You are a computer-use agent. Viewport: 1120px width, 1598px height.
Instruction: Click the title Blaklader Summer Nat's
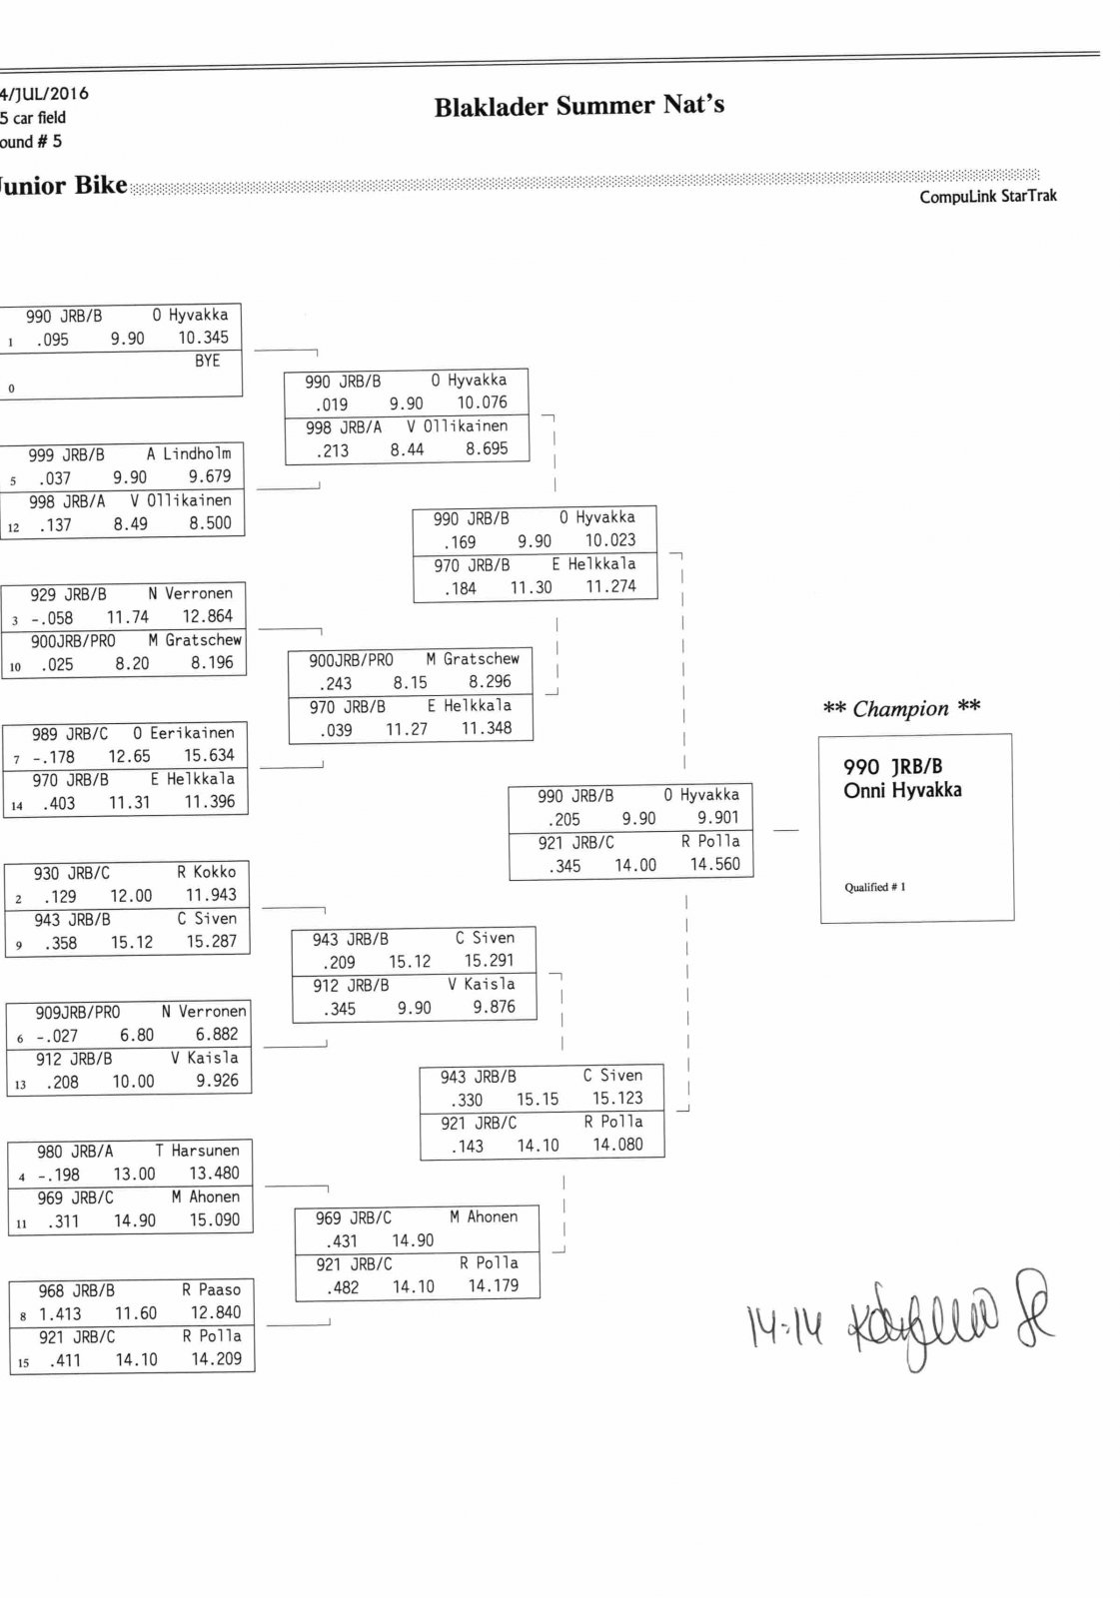(578, 106)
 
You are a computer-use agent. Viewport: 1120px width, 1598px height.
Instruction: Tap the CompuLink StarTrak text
(987, 197)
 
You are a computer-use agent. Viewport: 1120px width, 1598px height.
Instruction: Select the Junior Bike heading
(64, 186)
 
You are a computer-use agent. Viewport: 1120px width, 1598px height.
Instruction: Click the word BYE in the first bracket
(207, 361)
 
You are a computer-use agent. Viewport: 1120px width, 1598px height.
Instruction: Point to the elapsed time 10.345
(203, 338)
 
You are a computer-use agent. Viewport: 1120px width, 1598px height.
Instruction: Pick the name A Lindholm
(189, 453)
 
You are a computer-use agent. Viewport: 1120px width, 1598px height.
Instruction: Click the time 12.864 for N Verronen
(207, 616)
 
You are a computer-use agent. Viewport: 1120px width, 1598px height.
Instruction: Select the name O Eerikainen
(184, 733)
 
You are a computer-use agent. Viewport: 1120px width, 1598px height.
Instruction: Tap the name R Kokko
(207, 872)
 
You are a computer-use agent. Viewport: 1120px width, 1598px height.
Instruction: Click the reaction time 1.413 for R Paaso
(60, 1314)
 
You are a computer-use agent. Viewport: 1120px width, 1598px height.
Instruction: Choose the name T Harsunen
(197, 1151)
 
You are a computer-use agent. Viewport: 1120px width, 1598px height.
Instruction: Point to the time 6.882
(217, 1035)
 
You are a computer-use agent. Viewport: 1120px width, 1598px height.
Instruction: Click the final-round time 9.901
(718, 818)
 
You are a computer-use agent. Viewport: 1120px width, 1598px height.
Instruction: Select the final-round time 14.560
(715, 865)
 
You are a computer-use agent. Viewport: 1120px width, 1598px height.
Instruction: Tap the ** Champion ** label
(901, 709)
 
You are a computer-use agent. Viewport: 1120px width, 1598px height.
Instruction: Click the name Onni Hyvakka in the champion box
(902, 790)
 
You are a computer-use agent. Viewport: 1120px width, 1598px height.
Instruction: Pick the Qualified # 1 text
(875, 887)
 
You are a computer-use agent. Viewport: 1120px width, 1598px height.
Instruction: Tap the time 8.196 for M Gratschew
(212, 662)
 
